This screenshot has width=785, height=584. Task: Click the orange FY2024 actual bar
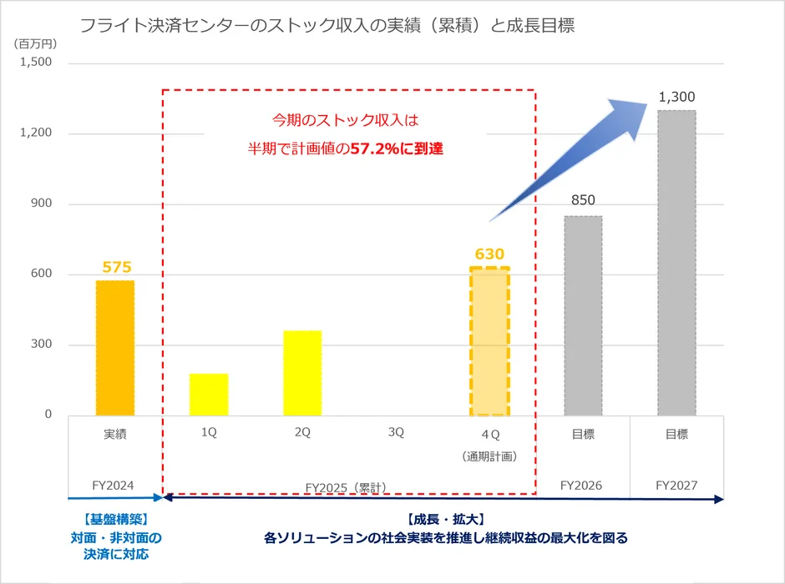click(x=115, y=348)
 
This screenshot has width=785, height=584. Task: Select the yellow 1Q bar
click(x=209, y=395)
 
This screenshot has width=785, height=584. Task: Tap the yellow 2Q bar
click(x=302, y=373)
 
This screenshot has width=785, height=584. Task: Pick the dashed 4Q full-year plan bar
click(x=489, y=342)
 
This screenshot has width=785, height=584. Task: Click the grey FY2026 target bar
click(x=583, y=315)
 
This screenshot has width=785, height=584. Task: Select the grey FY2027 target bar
click(x=676, y=263)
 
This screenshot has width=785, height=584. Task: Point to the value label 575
click(x=116, y=267)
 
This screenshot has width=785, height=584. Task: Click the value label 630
click(x=489, y=254)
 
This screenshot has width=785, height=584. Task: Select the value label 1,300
click(x=676, y=97)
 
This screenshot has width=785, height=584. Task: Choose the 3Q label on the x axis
click(x=396, y=433)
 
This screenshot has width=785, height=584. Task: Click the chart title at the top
click(x=327, y=26)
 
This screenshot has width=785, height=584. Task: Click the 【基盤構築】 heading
click(x=115, y=518)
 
